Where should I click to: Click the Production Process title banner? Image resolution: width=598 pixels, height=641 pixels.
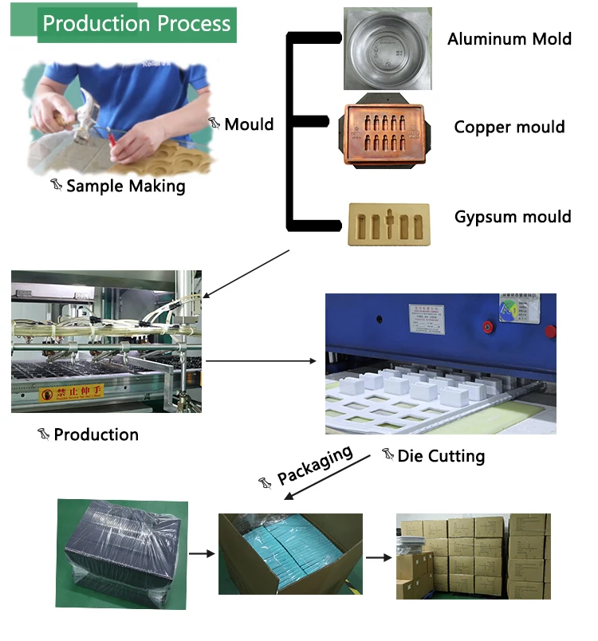point(136,23)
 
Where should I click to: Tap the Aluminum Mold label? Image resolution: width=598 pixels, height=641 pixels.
point(509,38)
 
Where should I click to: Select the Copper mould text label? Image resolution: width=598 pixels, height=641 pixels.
point(509,127)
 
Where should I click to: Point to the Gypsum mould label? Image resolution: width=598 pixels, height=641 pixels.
point(513,216)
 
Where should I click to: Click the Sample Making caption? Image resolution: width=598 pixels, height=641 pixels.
point(125,186)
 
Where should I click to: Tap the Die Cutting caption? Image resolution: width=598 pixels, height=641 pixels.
point(441,456)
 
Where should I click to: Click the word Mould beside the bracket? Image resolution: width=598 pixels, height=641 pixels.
point(249,124)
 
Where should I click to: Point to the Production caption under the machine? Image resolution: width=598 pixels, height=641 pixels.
point(96,435)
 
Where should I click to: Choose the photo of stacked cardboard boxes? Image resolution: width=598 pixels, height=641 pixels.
point(473,555)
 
